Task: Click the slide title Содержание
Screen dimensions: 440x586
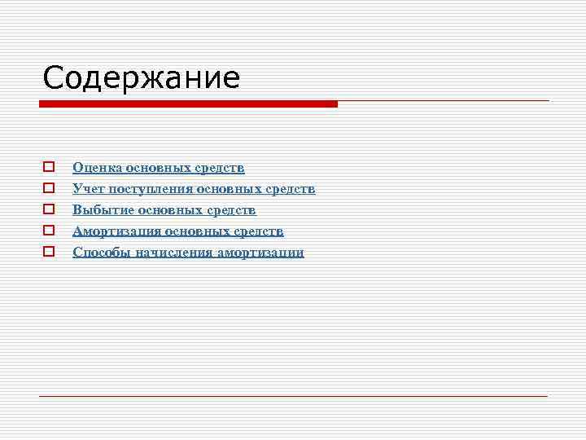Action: pos(142,78)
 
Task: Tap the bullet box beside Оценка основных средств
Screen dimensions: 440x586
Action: pos(49,168)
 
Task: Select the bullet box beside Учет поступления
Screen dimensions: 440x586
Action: pos(49,189)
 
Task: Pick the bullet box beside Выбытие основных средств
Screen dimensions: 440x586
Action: pos(49,210)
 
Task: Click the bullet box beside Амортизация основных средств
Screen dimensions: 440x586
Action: pos(49,231)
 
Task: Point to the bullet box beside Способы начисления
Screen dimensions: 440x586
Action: pos(49,253)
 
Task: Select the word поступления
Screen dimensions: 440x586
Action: pos(149,189)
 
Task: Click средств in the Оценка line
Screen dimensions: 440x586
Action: pos(220,168)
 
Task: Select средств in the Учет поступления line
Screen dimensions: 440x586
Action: pos(290,189)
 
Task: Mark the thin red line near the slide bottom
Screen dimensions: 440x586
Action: pos(293,395)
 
